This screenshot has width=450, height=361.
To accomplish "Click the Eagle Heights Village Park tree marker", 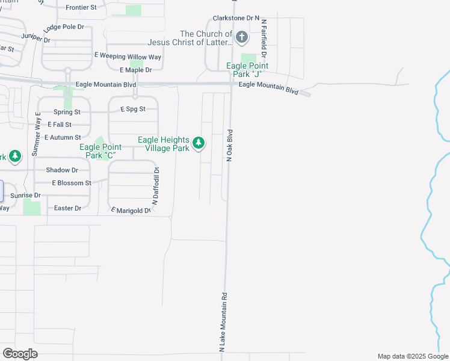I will click(x=199, y=144).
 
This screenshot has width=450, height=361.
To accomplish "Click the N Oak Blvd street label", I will click(x=229, y=144).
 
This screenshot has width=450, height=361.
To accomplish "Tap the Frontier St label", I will click(x=81, y=7).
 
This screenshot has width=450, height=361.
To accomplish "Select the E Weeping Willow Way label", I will click(x=128, y=56).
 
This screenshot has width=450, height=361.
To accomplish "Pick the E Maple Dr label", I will click(x=136, y=70).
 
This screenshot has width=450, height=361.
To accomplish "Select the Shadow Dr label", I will click(x=66, y=170).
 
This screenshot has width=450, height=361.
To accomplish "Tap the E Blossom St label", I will click(x=72, y=183).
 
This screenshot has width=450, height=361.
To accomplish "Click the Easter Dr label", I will click(x=67, y=208).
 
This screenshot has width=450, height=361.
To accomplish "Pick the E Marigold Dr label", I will click(x=131, y=210).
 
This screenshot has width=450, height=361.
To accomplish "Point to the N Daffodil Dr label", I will click(x=155, y=187).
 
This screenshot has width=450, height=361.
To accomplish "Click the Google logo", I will click(x=20, y=354).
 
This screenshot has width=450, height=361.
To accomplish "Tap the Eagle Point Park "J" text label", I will click(x=247, y=70).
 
